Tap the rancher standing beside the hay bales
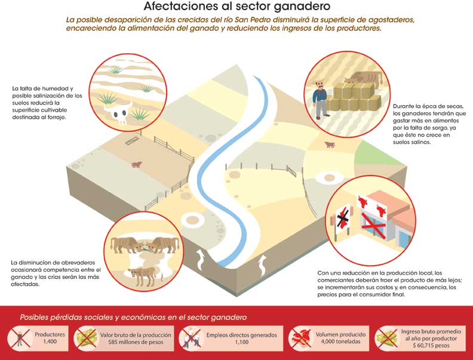coord(320,100)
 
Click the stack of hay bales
coord(354,97)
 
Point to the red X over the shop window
coord(374,225)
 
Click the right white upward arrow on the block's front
coord(263,265)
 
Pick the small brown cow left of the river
coord(137,164)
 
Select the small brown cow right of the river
coord(330,144)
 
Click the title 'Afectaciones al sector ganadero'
coord(236,6)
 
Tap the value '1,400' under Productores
coord(50,341)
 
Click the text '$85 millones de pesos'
coord(136,342)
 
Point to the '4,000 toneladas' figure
coord(340,341)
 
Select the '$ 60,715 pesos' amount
coord(431,346)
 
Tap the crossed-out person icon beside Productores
coord(20,339)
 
